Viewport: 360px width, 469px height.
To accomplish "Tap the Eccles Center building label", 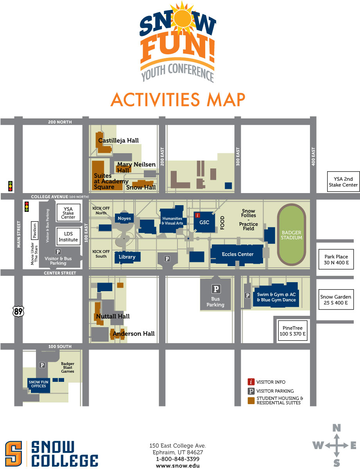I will tap(238, 254).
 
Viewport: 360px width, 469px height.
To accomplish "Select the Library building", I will tap(127, 257).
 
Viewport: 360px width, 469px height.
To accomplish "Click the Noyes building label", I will tap(125, 218).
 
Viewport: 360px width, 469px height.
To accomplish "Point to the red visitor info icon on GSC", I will tap(198, 215).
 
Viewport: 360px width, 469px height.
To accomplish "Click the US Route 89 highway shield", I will tap(18, 311).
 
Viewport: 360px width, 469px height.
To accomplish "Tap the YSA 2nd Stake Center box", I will tap(342, 182).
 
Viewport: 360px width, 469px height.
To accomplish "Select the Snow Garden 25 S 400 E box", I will tap(336, 300).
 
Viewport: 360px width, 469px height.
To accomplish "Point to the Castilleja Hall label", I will tap(118, 140).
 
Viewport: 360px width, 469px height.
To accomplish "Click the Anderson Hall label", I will tap(134, 333).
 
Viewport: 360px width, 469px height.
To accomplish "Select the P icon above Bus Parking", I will tap(215, 289).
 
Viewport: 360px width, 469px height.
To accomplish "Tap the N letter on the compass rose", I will tap(336, 428).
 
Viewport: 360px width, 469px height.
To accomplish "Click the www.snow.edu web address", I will tap(177, 465).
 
